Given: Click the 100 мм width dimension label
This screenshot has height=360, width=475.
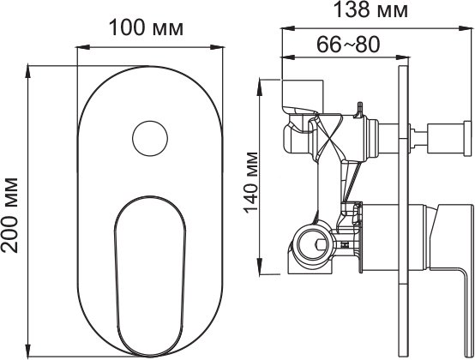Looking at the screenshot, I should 147,28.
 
